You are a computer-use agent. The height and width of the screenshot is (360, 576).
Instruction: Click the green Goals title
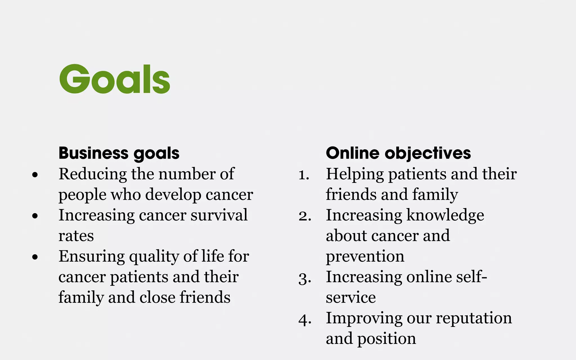coord(115,79)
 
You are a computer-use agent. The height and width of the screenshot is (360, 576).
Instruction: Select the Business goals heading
coord(119,153)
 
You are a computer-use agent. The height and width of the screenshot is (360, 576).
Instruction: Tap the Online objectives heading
coord(398,153)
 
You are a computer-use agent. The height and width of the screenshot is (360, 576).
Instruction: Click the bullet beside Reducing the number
coord(35,175)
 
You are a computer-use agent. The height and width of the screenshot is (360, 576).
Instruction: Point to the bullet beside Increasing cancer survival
coord(35,216)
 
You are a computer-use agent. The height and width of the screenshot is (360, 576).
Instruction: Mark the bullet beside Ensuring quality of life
coord(35,257)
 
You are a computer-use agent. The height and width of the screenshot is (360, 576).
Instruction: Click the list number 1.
coord(304,175)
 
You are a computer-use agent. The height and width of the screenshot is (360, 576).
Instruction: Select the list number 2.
coord(305,216)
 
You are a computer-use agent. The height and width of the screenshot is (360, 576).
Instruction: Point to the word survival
coord(219,215)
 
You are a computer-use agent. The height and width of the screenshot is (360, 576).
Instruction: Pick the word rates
coord(76,236)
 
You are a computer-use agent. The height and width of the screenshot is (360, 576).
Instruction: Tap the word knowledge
coord(445,215)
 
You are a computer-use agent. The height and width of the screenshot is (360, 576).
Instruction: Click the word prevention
coord(365,256)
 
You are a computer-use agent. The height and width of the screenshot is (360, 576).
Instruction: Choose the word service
coord(351,298)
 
